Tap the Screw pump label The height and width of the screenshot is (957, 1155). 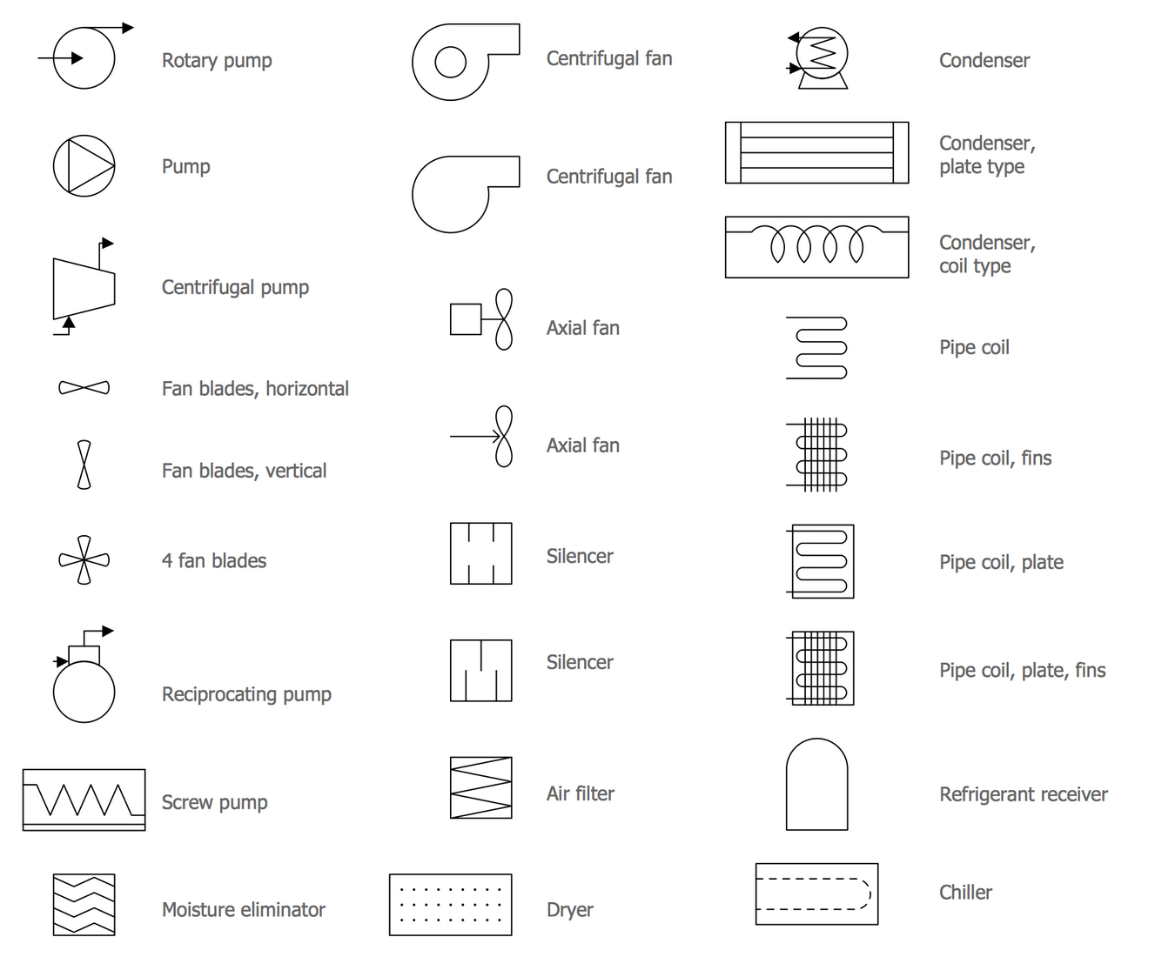click(214, 803)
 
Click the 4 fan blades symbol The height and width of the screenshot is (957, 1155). click(84, 560)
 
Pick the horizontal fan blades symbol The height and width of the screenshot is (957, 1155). click(84, 387)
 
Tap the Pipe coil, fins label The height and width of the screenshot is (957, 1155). click(995, 458)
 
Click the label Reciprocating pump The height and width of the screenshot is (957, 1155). click(246, 694)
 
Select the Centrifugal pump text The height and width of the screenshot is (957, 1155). click(235, 287)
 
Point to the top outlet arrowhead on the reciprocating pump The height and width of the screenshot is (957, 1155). click(108, 631)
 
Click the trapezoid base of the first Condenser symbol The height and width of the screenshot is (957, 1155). click(823, 82)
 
